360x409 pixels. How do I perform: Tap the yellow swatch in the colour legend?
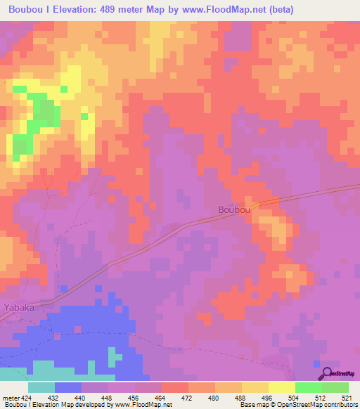[x=282, y=387]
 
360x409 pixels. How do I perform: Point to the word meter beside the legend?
[x=11, y=398]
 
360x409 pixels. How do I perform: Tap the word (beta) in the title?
[x=278, y=10]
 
